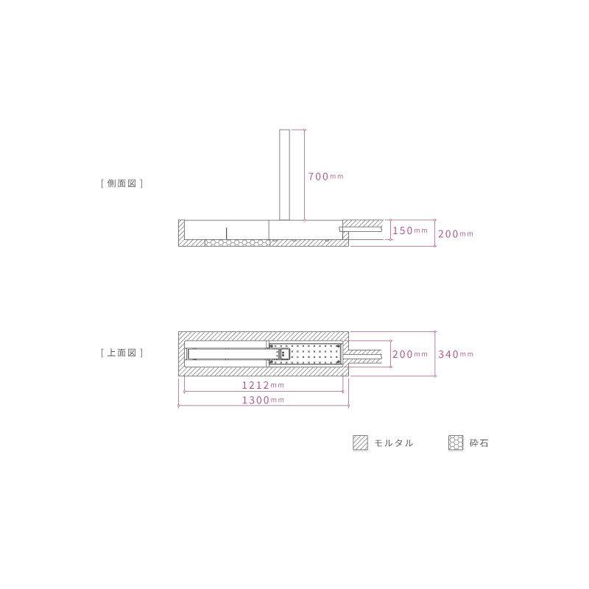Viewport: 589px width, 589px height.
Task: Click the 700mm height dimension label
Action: pyautogui.click(x=325, y=176)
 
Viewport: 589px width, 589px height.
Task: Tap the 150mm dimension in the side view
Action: pyautogui.click(x=410, y=230)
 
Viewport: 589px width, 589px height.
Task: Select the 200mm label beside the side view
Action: pyautogui.click(x=456, y=233)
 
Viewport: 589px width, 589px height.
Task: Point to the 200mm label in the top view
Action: pyautogui.click(x=410, y=354)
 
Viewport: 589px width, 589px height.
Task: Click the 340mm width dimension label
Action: pyautogui.click(x=456, y=354)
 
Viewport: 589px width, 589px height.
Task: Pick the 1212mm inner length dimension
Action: pyautogui.click(x=263, y=385)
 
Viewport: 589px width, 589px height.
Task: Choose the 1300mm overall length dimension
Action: pyautogui.click(x=263, y=400)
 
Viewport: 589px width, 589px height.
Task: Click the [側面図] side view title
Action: pyautogui.click(x=121, y=183)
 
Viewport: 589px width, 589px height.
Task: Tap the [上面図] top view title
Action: pyautogui.click(x=121, y=353)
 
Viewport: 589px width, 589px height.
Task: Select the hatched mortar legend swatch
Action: pyautogui.click(x=360, y=442)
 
